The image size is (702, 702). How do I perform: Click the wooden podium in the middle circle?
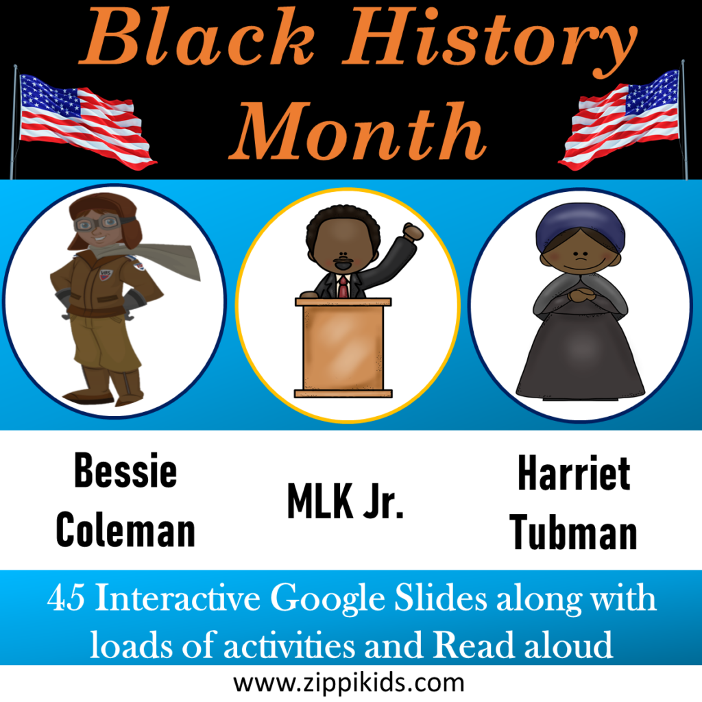tap(343, 346)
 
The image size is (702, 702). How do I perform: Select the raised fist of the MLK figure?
tap(412, 232)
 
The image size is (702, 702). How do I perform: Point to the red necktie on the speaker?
tap(343, 285)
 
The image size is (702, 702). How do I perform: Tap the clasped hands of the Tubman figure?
tap(579, 295)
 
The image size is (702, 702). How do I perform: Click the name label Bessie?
tap(125, 471)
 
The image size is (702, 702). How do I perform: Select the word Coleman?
tap(125, 530)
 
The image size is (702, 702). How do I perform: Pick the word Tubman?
tap(574, 533)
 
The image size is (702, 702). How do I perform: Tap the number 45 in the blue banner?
tap(66, 600)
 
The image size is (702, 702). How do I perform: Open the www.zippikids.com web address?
tap(349, 683)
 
